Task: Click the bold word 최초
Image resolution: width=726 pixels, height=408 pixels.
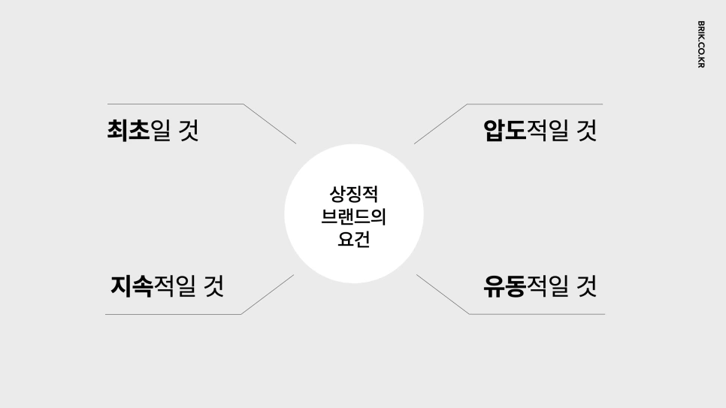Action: click(129, 131)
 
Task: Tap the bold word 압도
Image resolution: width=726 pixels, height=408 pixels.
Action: click(504, 131)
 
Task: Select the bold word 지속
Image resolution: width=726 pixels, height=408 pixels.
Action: click(132, 286)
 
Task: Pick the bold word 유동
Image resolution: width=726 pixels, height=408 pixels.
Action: click(504, 286)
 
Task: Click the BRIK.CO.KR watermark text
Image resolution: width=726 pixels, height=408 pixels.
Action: click(700, 44)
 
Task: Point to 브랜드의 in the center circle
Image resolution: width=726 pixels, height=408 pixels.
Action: click(354, 218)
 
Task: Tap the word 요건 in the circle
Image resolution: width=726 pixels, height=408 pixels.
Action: click(354, 241)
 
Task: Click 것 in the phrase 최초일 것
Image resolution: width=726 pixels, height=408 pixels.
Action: click(188, 131)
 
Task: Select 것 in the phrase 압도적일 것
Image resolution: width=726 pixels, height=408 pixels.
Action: click(586, 131)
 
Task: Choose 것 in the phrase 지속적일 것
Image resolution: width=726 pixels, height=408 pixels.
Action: click(213, 286)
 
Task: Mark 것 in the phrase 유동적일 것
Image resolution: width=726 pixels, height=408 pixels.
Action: click(586, 286)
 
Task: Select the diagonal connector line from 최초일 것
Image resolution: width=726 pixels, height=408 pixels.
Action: click(270, 123)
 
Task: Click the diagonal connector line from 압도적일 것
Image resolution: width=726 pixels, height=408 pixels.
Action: click(440, 123)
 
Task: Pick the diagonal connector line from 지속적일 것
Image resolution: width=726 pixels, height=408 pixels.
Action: click(267, 295)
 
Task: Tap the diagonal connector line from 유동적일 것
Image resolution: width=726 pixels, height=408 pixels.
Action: click(443, 295)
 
